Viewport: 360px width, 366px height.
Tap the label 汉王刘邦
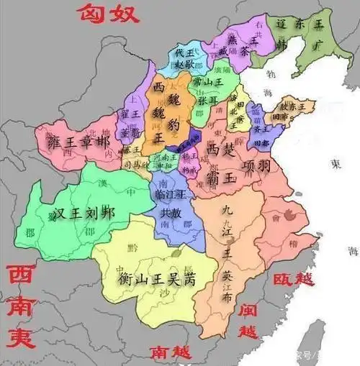click(84, 213)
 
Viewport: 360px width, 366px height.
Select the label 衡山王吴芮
click(158, 278)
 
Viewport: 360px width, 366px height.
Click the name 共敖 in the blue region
click(174, 214)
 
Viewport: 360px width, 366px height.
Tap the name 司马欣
click(132, 164)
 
